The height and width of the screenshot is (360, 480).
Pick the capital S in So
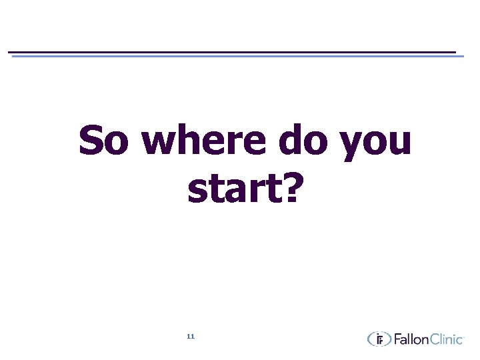click(93, 141)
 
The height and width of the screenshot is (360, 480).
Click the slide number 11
click(191, 337)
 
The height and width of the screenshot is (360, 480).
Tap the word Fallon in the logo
click(414, 339)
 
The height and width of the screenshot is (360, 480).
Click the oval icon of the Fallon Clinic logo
click(379, 339)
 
